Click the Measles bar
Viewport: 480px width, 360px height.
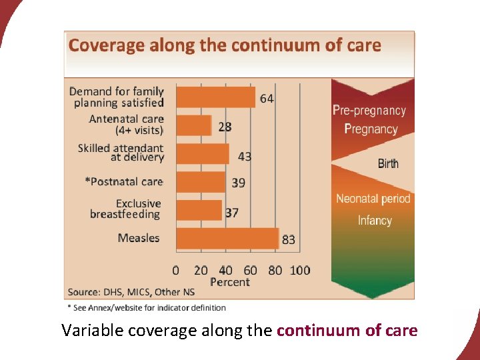pos(227,238)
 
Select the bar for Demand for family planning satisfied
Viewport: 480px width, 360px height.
pos(215,97)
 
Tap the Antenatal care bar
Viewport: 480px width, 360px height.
pos(194,125)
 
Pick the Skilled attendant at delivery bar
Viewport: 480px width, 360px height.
pos(203,153)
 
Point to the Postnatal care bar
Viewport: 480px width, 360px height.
pos(201,182)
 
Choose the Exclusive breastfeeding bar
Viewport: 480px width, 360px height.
pos(199,210)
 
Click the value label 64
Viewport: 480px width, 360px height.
pos(267,98)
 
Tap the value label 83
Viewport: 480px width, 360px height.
pos(289,239)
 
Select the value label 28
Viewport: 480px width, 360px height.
pos(225,127)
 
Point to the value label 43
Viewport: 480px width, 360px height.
pos(245,157)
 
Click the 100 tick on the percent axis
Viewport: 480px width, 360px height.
pos(300,270)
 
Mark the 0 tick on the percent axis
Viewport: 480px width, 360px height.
pos(176,270)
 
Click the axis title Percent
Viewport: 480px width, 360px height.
pos(230,282)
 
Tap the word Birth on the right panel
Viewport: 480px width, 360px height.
pos(388,163)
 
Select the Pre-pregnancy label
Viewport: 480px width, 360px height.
pos(369,111)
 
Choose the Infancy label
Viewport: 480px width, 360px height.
pos(375,221)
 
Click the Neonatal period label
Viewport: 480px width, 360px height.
pos(373,199)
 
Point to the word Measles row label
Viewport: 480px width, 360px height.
pos(139,238)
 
